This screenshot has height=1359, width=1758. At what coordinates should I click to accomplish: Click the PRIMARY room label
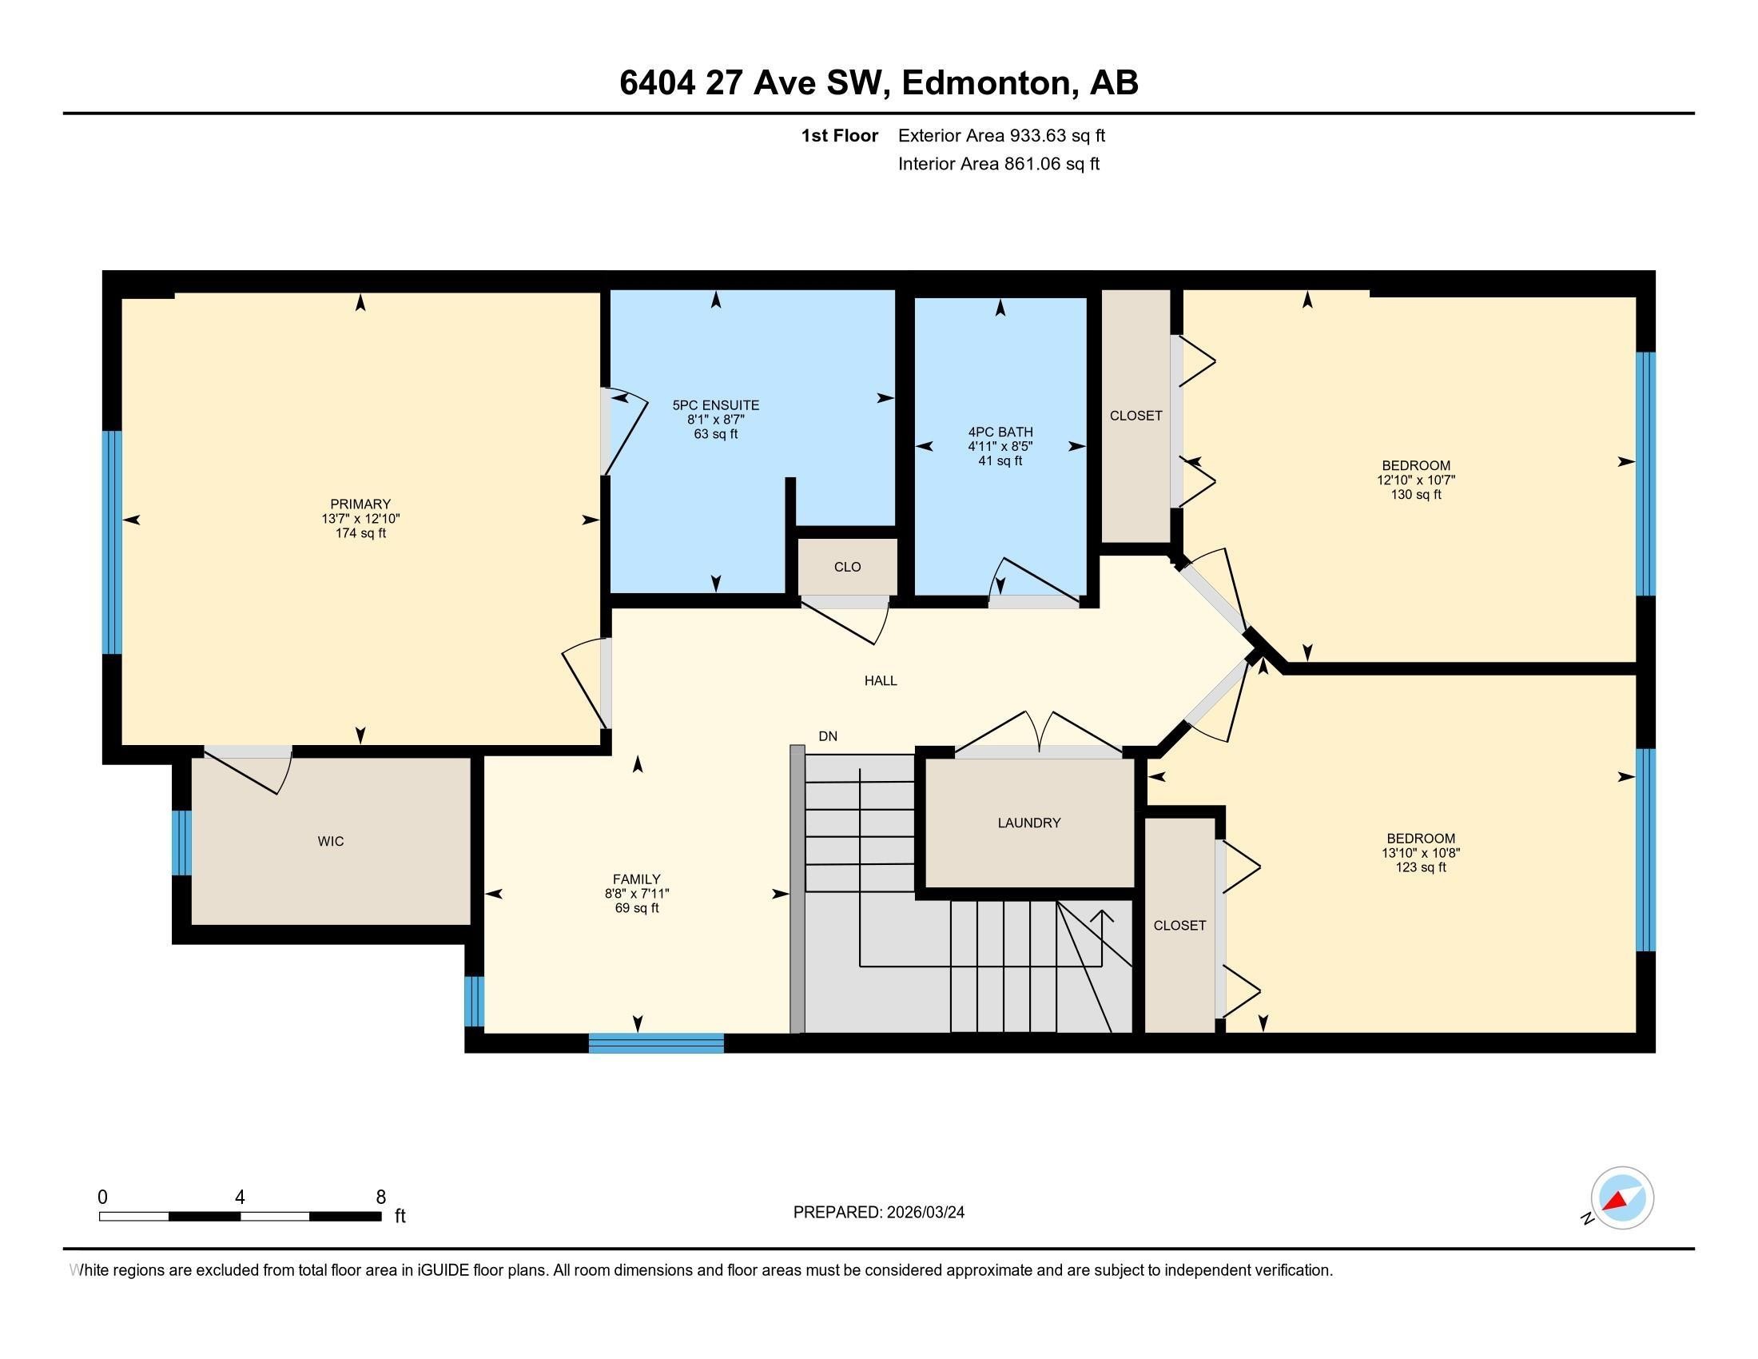(x=360, y=504)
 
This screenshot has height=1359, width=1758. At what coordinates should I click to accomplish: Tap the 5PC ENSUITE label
(x=716, y=406)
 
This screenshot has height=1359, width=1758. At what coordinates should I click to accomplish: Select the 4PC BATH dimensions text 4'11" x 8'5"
(x=1000, y=446)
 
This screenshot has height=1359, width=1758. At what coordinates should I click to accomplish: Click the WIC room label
(x=331, y=841)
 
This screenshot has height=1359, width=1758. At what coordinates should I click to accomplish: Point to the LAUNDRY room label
(x=1028, y=823)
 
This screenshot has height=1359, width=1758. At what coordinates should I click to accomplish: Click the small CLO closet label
(x=847, y=567)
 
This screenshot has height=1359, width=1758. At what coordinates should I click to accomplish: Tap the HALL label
(x=881, y=680)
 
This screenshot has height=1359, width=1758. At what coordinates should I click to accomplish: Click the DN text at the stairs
(x=828, y=735)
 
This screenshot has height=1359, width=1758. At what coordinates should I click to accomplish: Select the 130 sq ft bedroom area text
(x=1415, y=494)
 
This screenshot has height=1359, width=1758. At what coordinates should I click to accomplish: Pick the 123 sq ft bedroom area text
(x=1420, y=867)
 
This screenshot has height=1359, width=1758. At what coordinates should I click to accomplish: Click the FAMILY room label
(x=636, y=879)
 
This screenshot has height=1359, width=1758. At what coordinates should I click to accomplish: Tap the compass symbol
(x=1621, y=1198)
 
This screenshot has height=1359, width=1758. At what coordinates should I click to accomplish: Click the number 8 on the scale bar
(x=380, y=1197)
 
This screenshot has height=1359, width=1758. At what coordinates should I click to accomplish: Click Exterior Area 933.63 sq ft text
(x=1001, y=135)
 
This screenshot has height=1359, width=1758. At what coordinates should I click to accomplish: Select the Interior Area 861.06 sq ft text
(x=998, y=164)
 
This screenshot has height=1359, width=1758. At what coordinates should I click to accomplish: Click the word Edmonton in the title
(x=989, y=83)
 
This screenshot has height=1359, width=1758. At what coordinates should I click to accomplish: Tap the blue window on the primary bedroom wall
(x=112, y=542)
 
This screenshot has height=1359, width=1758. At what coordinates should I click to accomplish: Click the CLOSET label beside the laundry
(x=1179, y=926)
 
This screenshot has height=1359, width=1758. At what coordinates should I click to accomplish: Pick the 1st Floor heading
(x=839, y=135)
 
